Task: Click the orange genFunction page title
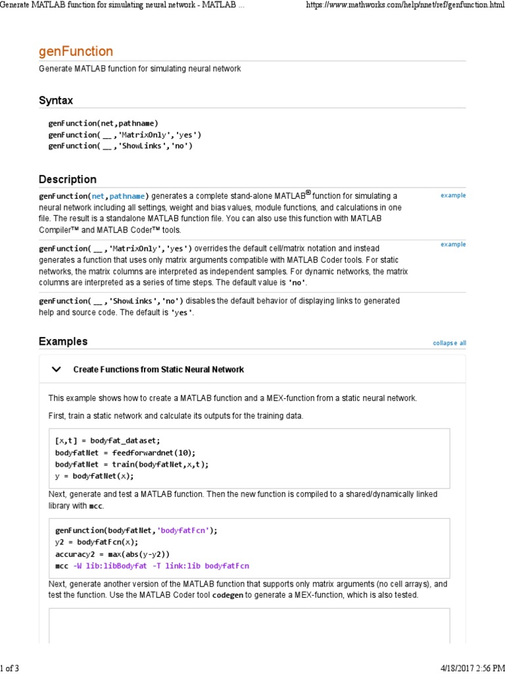point(76,51)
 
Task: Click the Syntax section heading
point(56,101)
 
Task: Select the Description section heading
point(67,179)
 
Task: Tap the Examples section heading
point(62,342)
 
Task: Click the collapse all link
point(449,343)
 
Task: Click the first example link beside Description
point(453,195)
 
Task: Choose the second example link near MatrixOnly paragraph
point(453,244)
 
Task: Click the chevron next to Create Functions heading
point(57,369)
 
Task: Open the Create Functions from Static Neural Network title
point(158,369)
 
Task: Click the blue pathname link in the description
point(128,196)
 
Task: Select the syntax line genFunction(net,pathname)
point(103,123)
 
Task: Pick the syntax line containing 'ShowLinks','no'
point(120,145)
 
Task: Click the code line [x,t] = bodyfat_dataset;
point(108,440)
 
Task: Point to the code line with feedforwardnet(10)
point(126,452)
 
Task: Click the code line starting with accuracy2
point(112,554)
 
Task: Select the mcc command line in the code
point(152,565)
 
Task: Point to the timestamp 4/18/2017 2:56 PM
point(467,669)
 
